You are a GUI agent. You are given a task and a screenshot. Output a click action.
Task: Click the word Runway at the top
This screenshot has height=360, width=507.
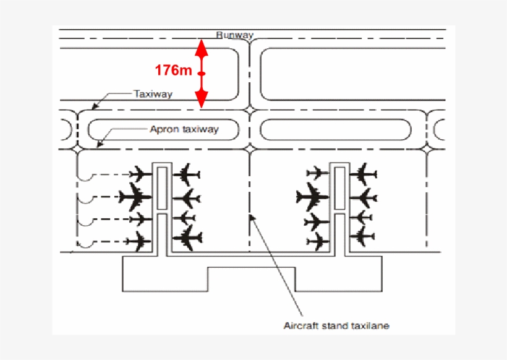[235, 35]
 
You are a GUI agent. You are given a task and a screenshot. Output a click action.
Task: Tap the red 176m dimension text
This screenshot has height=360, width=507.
[174, 70]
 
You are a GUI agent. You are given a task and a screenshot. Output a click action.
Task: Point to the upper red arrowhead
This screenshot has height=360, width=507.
[202, 48]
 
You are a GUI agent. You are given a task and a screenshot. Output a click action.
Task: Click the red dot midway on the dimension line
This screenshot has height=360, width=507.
[202, 74]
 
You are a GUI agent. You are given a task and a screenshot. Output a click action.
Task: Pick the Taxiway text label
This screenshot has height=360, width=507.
[153, 94]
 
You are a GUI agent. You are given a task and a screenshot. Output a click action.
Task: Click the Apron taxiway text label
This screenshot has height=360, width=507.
[184, 129]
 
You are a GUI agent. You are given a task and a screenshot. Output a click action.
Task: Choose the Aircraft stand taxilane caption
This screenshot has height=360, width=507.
[336, 325]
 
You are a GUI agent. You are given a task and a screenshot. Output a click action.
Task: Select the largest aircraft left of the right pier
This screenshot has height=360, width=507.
[312, 198]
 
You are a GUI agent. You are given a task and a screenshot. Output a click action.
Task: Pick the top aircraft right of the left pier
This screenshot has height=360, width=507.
[186, 175]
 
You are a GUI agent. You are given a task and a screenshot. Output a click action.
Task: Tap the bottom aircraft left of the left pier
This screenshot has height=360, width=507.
[137, 241]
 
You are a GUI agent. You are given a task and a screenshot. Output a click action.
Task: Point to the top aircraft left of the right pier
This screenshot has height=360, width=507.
[317, 173]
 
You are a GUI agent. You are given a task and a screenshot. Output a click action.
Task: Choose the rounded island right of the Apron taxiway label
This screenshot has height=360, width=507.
[335, 129]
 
